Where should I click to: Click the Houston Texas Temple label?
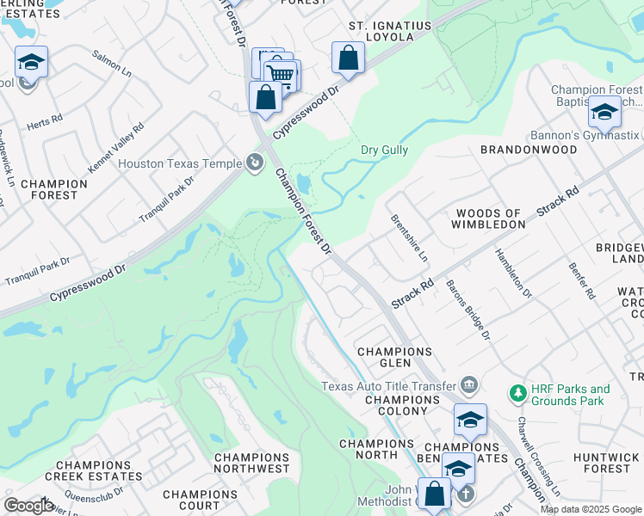(180, 163)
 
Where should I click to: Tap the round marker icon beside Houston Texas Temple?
(254, 162)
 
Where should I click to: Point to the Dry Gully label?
(384, 150)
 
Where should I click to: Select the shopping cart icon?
(281, 75)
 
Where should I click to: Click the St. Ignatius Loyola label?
(389, 33)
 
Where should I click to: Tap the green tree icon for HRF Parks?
(517, 394)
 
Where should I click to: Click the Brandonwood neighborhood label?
(528, 149)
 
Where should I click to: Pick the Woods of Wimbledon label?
(490, 218)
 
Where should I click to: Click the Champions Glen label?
(394, 358)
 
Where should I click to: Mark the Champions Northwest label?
(251, 463)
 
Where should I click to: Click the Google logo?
(28, 505)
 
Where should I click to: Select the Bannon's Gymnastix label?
(596, 135)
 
